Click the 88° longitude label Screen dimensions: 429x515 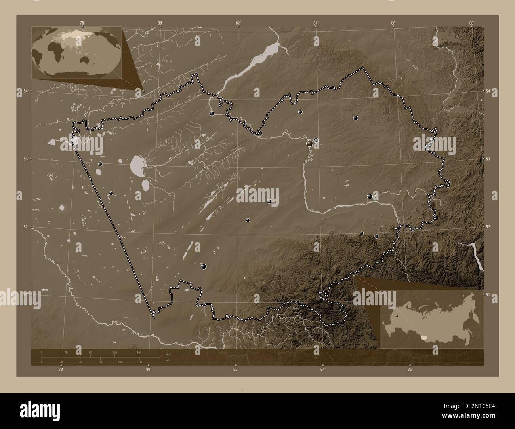(x=471, y=23)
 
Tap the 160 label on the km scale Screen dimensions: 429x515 (x=139, y=352)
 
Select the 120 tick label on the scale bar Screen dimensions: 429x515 (x=115, y=352)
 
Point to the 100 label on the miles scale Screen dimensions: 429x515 (x=139, y=362)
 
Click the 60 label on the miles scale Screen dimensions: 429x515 (x=101, y=362)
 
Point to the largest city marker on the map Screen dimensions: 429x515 (x=310, y=144)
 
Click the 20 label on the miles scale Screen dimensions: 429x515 (x=61, y=362)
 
